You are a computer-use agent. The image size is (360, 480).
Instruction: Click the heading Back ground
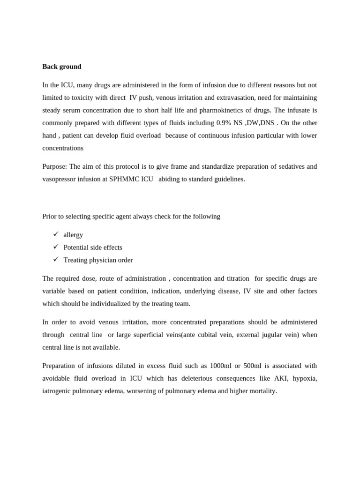point(61,67)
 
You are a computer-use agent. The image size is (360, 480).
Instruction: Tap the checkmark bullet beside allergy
point(56,234)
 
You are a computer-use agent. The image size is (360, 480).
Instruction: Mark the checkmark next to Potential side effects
point(56,247)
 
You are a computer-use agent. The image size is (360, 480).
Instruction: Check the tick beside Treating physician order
point(56,259)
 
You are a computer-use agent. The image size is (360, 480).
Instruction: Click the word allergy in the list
point(73,235)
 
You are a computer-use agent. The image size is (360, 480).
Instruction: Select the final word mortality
point(262,390)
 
